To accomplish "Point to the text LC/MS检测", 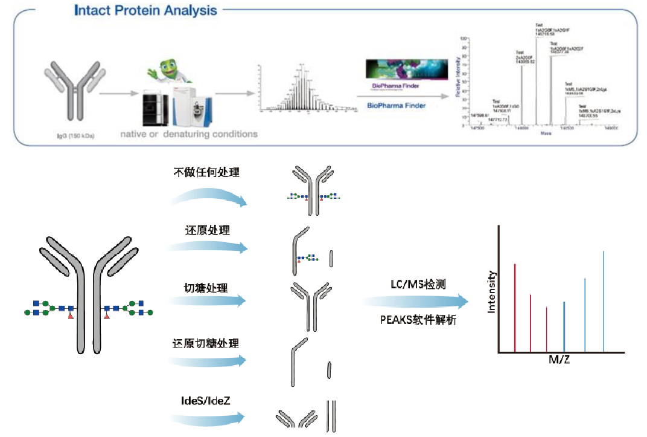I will point(418,284).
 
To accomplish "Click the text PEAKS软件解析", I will point(418,320).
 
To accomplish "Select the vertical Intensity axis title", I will point(492,291).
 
